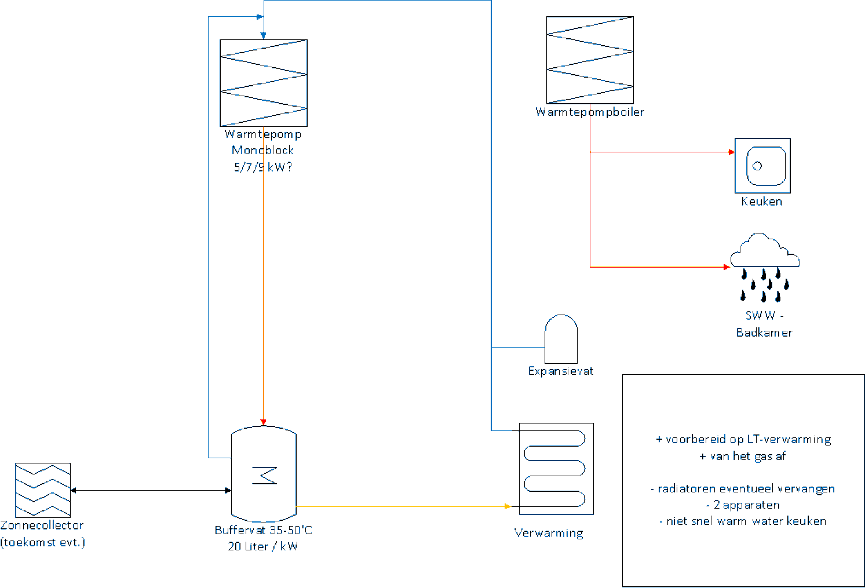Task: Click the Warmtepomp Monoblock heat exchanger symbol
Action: pyautogui.click(x=264, y=83)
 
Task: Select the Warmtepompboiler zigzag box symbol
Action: pyautogui.click(x=590, y=60)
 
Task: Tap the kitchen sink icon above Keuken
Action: pyautogui.click(x=762, y=166)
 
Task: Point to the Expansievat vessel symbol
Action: pyautogui.click(x=561, y=339)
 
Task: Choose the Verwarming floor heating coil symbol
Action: pyautogui.click(x=556, y=469)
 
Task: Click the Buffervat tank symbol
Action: pyautogui.click(x=264, y=474)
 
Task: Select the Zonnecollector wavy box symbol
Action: pyautogui.click(x=43, y=490)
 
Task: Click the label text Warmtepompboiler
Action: pyautogui.click(x=590, y=112)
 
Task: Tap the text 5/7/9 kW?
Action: pyautogui.click(x=263, y=167)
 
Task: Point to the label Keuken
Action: pyautogui.click(x=761, y=202)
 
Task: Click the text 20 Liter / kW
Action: pyautogui.click(x=262, y=546)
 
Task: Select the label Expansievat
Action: pyautogui.click(x=560, y=371)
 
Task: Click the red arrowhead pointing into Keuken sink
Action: pyautogui.click(x=732, y=152)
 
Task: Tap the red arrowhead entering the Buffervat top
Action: pyautogui.click(x=264, y=422)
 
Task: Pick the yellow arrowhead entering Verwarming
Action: pyautogui.click(x=508, y=506)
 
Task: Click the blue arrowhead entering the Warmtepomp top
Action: pyautogui.click(x=263, y=35)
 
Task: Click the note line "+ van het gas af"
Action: pyautogui.click(x=742, y=456)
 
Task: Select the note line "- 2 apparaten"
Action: pyautogui.click(x=743, y=505)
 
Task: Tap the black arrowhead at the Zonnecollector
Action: pyautogui.click(x=74, y=490)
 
